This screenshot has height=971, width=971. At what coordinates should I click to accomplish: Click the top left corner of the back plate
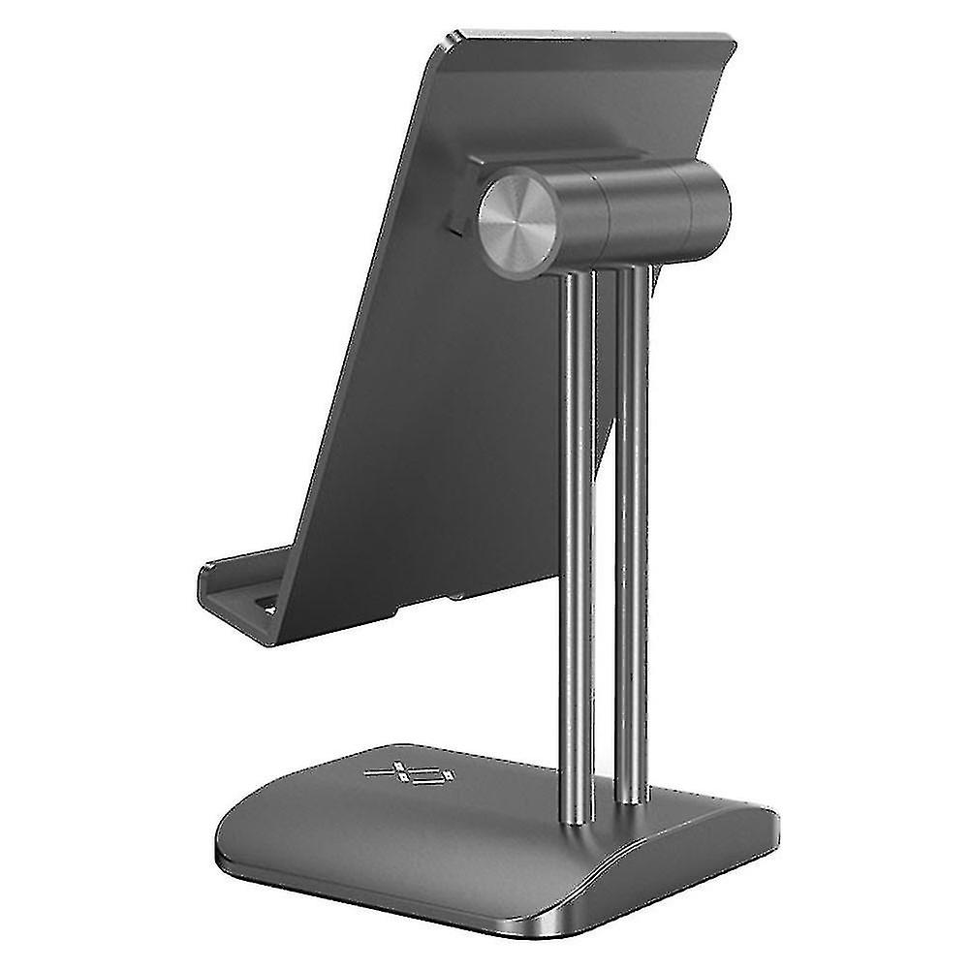(450, 41)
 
